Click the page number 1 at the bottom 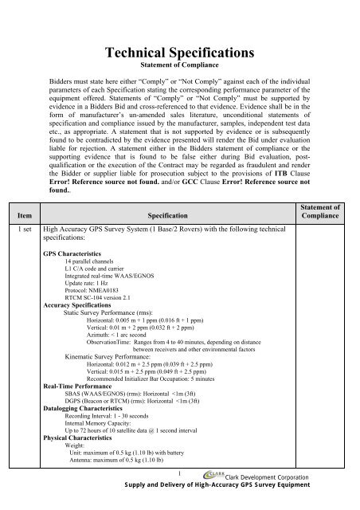[x=180, y=483]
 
